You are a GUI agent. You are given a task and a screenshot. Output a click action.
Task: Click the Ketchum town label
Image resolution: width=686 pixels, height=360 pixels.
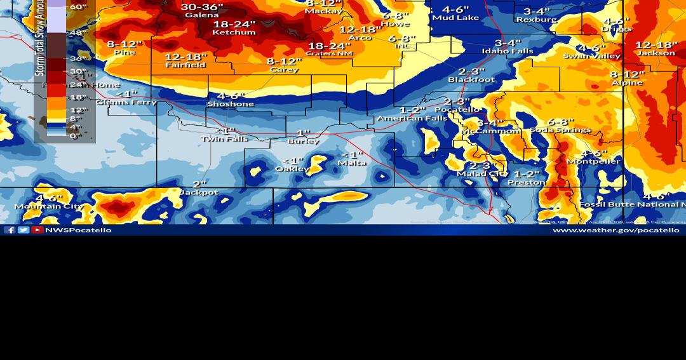234,32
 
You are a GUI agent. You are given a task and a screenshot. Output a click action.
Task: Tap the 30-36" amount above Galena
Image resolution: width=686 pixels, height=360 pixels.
201,7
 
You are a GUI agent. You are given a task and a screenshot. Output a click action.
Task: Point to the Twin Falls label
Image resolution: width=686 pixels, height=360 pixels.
224,139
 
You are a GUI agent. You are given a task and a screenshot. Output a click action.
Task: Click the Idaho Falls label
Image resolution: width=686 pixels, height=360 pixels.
508,51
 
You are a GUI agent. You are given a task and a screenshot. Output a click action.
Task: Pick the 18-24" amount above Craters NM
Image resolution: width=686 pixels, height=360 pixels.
329,46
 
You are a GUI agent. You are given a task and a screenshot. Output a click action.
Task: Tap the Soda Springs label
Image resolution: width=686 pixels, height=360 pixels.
560,130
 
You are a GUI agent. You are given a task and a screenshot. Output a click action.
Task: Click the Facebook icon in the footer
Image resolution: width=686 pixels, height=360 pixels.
10,230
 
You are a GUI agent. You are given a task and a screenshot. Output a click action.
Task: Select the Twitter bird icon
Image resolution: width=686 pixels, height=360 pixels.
24,230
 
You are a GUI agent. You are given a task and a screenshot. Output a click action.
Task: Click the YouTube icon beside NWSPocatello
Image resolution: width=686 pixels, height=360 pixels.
37,230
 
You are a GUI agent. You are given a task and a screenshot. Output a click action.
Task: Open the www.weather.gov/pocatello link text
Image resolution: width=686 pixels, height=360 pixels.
615,230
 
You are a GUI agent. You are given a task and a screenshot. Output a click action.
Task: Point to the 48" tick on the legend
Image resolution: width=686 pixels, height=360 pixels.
78,33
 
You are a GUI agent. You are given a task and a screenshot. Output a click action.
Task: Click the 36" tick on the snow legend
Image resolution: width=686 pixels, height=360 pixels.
78,58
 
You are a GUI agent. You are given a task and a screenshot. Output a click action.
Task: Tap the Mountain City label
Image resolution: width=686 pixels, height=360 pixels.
49,206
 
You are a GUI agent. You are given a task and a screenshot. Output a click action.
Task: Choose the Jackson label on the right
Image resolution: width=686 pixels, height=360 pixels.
656,53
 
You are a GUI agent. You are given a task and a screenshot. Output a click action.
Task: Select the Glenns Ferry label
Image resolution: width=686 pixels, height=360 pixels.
126,102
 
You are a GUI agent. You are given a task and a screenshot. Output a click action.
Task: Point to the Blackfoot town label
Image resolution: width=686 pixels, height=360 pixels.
471,80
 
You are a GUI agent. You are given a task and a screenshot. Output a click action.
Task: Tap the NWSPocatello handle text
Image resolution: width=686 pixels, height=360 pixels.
78,230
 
